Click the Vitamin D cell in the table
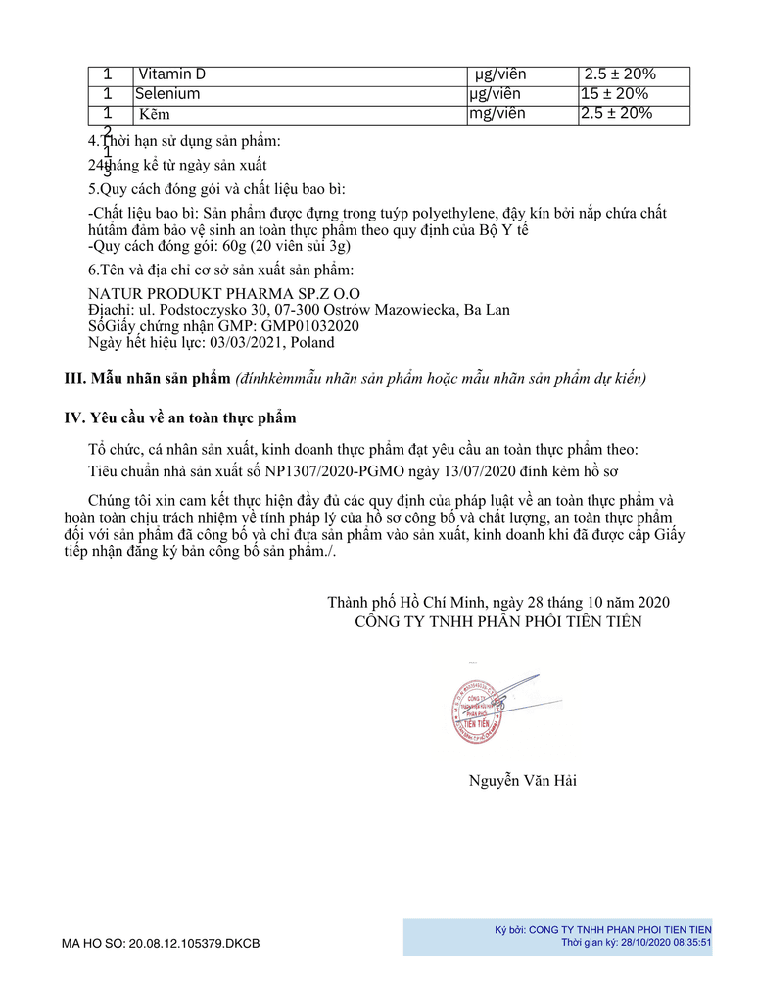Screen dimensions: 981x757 coord(172,74)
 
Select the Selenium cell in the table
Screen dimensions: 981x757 coord(167,94)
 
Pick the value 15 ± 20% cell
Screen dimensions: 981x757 coord(614,94)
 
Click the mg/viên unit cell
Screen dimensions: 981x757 coord(497,114)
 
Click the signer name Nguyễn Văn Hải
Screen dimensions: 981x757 coord(530,781)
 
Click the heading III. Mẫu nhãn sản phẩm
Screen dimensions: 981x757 coord(146,378)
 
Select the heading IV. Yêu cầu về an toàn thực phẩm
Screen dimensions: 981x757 coord(179,418)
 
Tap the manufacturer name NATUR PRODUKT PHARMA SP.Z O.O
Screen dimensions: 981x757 coord(224,293)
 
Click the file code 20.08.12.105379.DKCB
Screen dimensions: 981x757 coord(193,944)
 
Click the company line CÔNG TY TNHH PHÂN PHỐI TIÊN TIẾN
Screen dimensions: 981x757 coord(498,622)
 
